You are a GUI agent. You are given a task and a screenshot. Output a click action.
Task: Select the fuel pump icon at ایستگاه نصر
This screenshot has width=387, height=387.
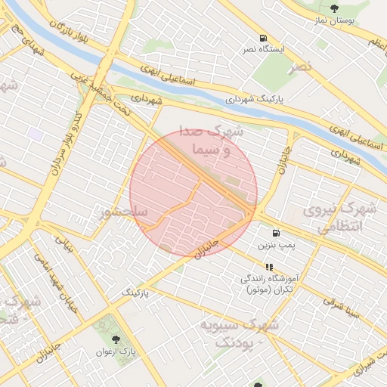click(x=262, y=38)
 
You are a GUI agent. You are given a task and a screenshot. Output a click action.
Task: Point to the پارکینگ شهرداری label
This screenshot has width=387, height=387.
click(x=258, y=99)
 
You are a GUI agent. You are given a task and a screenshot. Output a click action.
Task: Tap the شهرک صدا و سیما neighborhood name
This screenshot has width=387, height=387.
click(x=219, y=141)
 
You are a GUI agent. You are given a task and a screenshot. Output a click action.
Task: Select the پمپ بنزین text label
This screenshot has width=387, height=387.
click(x=276, y=246)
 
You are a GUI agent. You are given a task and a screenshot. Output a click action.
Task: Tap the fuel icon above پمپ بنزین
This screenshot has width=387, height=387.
click(x=276, y=233)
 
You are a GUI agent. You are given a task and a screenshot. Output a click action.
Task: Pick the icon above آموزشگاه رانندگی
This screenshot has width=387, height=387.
click(x=268, y=267)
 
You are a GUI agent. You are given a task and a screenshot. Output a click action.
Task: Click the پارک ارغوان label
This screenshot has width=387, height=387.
click(x=116, y=351)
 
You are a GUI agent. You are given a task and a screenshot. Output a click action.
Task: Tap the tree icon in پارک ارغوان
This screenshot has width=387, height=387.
click(x=115, y=339)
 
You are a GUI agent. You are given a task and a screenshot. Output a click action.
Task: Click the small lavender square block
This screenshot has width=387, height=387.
click(x=36, y=133)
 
